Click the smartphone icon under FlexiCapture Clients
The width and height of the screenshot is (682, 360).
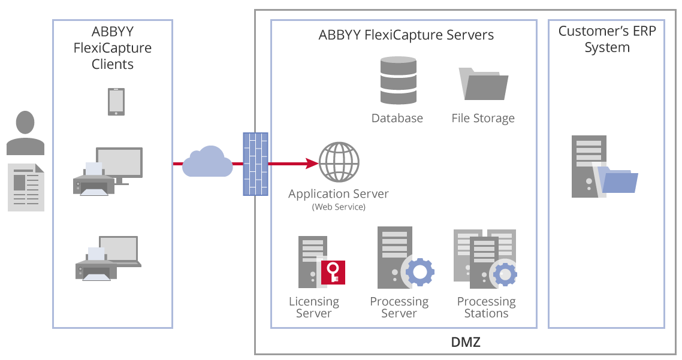116,101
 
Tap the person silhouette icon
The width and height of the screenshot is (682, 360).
25,133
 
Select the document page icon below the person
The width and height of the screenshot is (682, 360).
26,187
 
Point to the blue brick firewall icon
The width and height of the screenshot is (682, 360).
255,164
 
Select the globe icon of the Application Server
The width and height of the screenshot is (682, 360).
339,162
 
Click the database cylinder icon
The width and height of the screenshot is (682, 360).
397,81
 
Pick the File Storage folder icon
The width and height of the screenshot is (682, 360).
483,84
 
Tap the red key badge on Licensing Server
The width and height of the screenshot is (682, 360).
333,271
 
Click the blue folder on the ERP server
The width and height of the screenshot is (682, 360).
619,182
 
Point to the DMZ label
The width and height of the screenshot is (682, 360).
466,343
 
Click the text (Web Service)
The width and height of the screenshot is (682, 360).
339,207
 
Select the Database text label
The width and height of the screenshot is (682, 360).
397,118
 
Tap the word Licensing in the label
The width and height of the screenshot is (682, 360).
313,301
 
